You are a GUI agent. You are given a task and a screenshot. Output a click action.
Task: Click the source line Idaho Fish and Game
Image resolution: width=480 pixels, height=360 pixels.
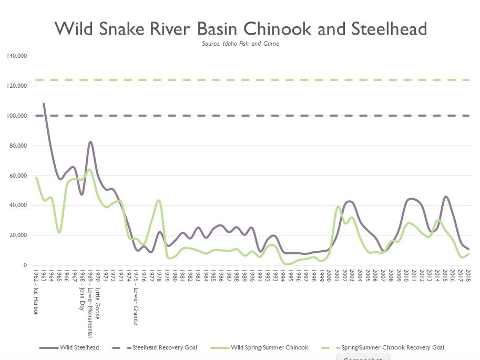pyautogui.click(x=240, y=44)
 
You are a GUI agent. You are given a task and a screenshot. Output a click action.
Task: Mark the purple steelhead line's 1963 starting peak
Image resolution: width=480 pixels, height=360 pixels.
pyautogui.click(x=44, y=104)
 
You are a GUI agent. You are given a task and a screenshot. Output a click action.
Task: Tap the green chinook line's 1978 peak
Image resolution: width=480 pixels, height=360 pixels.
pyautogui.click(x=159, y=200)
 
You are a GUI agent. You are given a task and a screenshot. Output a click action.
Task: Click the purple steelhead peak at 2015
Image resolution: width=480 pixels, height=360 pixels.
pyautogui.click(x=445, y=197)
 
